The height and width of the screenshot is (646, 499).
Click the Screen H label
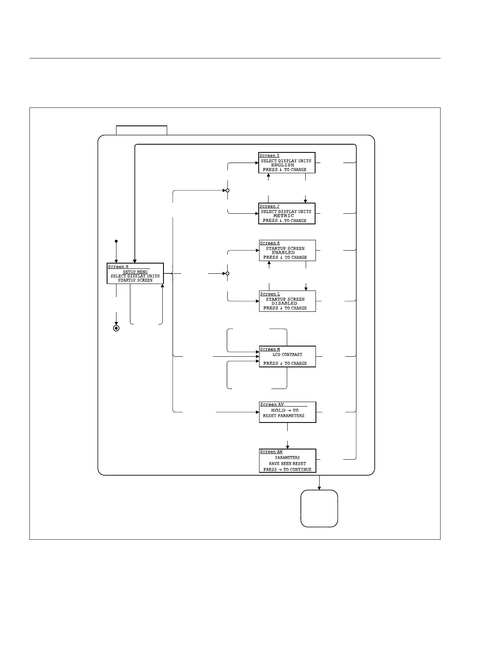118,267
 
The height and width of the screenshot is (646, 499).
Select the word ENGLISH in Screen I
283,165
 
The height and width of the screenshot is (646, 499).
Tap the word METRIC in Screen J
284,216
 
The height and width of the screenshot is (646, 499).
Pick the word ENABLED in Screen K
283,253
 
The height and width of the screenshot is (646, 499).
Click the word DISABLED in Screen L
284,303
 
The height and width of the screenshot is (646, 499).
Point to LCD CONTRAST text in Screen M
287,355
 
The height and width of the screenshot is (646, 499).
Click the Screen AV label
272,405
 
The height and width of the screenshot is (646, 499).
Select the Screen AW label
271,452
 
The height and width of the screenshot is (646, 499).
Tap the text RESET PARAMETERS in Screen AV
284,416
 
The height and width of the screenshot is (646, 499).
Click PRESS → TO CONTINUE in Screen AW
287,469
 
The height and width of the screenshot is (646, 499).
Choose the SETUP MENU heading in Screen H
135,272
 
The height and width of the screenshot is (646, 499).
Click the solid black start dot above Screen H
116,241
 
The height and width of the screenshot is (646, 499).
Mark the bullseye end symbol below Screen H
116,328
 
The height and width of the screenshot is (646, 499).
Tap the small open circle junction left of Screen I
228,190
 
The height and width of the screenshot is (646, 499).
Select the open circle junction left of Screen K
228,273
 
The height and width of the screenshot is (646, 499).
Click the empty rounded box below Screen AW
319,508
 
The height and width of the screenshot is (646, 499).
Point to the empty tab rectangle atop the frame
141,130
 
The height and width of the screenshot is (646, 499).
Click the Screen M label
270,349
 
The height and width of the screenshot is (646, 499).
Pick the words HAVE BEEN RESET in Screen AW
287,464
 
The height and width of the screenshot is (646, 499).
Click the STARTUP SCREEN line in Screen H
135,280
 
